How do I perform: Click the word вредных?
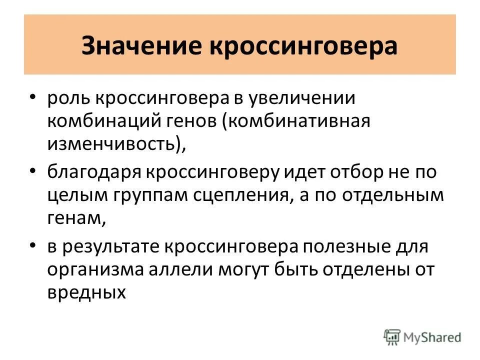pos(86,292)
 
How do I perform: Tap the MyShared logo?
pos(422,336)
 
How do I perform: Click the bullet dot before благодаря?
pos(32,171)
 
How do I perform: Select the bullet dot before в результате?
pos(32,244)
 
